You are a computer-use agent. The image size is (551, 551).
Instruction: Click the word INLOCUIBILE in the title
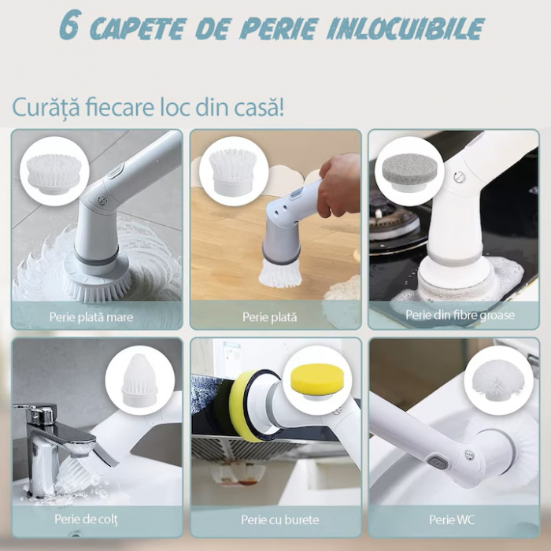point(405,28)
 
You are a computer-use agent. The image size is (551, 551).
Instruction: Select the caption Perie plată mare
point(91,317)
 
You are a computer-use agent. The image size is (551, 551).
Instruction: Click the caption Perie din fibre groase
point(460,315)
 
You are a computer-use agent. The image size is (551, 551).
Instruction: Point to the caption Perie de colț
point(86,519)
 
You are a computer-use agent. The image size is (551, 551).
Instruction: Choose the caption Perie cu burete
point(280,520)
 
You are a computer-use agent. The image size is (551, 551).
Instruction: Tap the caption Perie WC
point(452,520)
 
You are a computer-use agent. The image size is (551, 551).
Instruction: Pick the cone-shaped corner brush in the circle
point(139,379)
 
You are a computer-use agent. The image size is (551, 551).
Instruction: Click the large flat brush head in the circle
point(54,173)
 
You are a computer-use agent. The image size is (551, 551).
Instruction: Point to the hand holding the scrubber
point(339,183)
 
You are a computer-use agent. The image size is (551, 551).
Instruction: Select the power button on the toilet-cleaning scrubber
point(437,463)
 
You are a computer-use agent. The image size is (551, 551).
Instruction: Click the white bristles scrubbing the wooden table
point(280,275)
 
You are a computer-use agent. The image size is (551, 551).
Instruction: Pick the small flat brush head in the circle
point(233,171)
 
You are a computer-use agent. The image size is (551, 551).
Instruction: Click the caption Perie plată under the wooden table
point(269,317)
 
